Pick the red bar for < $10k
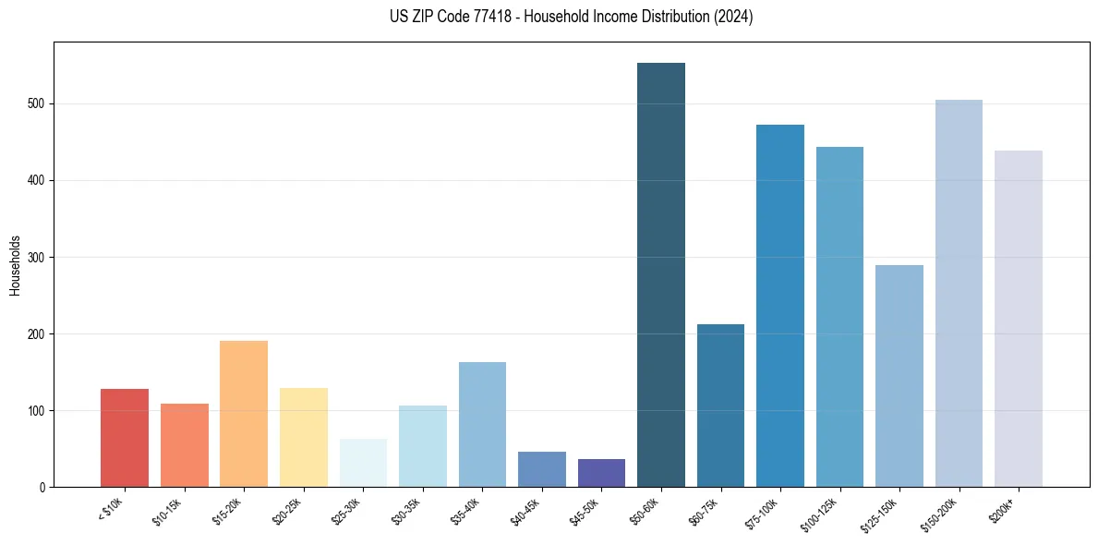(x=125, y=438)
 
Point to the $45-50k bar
(x=601, y=473)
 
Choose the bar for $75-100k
(x=780, y=306)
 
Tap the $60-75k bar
(x=720, y=406)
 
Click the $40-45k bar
(x=542, y=469)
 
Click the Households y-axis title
(x=15, y=264)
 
